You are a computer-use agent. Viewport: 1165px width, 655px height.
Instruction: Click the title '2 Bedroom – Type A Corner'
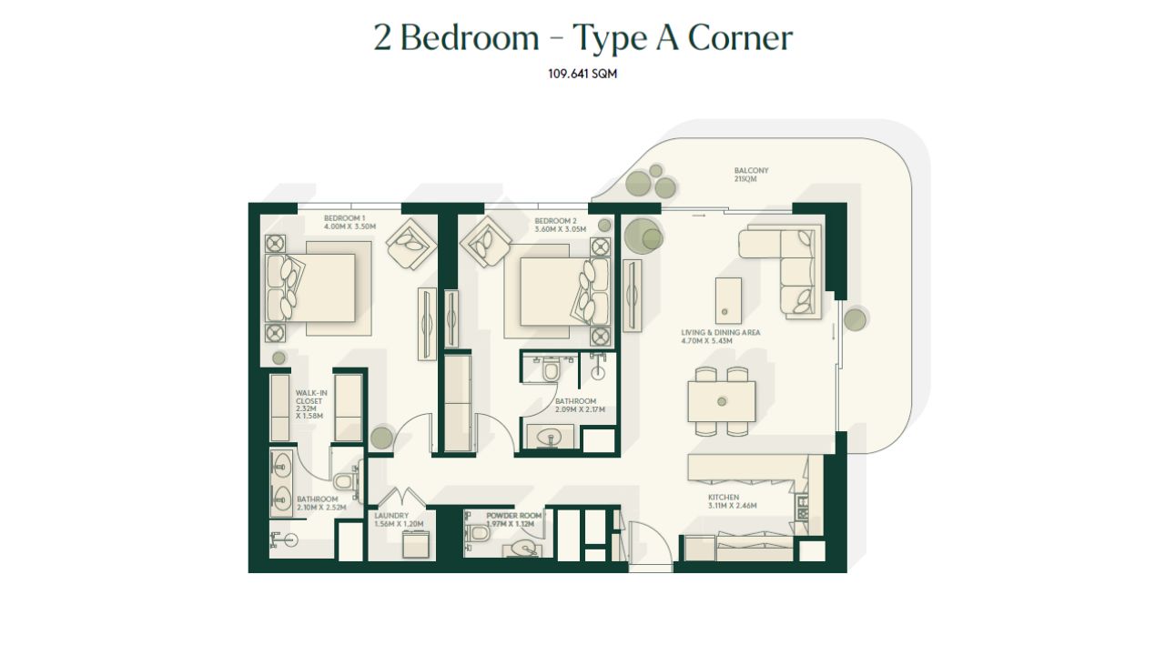tap(583, 38)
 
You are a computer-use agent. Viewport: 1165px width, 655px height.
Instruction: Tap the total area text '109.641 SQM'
tap(582, 74)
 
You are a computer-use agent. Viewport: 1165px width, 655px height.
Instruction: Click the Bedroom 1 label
tap(349, 223)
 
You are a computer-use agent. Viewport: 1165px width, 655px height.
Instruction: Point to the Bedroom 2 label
tap(560, 225)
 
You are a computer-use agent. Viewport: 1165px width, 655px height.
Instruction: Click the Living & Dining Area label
tap(720, 337)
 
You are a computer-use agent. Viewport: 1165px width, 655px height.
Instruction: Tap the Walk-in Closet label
tap(311, 405)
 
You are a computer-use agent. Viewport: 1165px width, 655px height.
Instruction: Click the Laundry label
tap(399, 519)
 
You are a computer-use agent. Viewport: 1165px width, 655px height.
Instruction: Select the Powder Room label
tap(514, 519)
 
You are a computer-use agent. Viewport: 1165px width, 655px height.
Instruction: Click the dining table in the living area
tap(722, 401)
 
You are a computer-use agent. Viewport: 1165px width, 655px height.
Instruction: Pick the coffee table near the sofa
tap(728, 300)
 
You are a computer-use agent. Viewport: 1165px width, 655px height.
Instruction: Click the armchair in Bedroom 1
tap(411, 244)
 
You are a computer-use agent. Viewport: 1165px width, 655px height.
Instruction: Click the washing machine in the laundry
tap(416, 545)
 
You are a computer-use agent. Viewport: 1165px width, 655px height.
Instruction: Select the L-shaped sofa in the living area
tap(781, 271)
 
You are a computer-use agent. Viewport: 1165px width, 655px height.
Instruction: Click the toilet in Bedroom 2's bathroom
tap(550, 369)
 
